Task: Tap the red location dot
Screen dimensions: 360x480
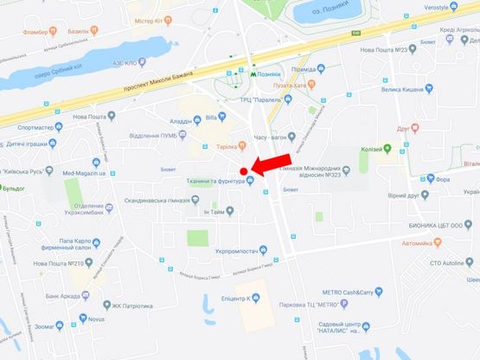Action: pyautogui.click(x=244, y=170)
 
